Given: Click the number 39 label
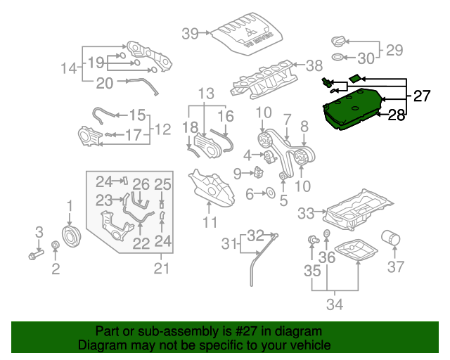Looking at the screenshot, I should click(x=191, y=32).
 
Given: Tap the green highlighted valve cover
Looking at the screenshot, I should click(x=354, y=108).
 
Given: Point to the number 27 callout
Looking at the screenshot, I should click(x=421, y=96).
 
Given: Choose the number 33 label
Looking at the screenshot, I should click(x=307, y=212).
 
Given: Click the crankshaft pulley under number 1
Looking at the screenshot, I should click(x=70, y=234).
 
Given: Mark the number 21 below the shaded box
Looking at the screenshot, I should click(x=162, y=268).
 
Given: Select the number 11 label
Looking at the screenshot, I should click(x=210, y=223).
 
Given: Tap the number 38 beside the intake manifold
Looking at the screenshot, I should click(x=314, y=65).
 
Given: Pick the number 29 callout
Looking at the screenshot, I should click(x=394, y=50).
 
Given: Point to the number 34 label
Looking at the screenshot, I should click(x=335, y=304).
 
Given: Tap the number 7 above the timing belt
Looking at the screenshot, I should click(x=287, y=117).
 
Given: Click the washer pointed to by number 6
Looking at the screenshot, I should click(x=270, y=193).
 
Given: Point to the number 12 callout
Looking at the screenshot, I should click(x=162, y=129).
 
